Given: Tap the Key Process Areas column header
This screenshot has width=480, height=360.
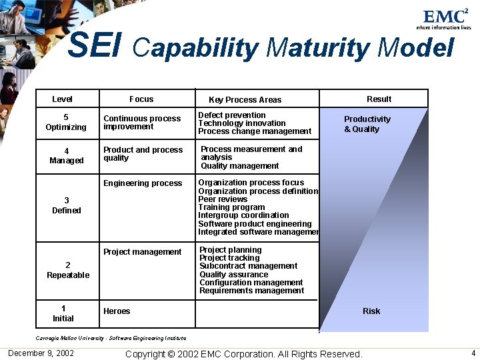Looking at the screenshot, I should pyautogui.click(x=245, y=100).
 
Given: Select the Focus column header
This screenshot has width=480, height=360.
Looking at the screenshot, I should pyautogui.click(x=141, y=99).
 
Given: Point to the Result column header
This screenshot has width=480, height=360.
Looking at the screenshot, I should pyautogui.click(x=379, y=99).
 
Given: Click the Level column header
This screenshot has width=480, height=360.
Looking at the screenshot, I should pyautogui.click(x=62, y=99).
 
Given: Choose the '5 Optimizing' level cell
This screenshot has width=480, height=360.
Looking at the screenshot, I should pyautogui.click(x=66, y=122).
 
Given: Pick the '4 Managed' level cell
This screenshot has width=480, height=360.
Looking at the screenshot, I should pyautogui.click(x=67, y=155).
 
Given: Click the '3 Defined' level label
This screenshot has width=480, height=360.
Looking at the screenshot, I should pyautogui.click(x=67, y=205).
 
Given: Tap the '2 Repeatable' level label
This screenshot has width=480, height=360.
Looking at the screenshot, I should pyautogui.click(x=68, y=270).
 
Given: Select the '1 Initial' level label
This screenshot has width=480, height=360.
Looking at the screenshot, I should pyautogui.click(x=63, y=313).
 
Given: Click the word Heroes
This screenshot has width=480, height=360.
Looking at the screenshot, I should pyautogui.click(x=117, y=311).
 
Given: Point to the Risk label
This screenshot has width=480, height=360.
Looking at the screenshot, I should pyautogui.click(x=371, y=311).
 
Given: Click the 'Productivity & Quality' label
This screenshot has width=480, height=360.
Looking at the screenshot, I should pyautogui.click(x=367, y=124).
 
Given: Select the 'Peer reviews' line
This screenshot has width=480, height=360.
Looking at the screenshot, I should pyautogui.click(x=223, y=199).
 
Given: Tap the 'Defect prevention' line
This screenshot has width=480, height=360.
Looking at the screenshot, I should pyautogui.click(x=232, y=115).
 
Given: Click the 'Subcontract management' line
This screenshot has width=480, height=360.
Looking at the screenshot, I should pyautogui.click(x=248, y=266).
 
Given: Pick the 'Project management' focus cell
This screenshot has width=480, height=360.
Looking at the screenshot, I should pyautogui.click(x=142, y=252).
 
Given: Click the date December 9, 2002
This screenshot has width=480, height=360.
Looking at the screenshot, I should pyautogui.click(x=41, y=353).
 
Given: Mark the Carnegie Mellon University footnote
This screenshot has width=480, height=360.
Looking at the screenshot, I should pyautogui.click(x=111, y=338).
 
